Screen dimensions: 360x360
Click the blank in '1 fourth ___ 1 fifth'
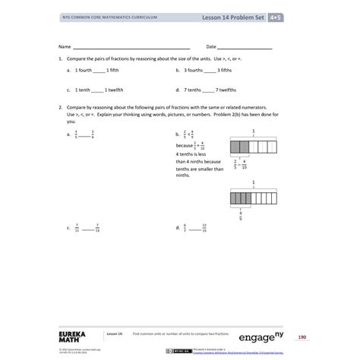click(x=100, y=70)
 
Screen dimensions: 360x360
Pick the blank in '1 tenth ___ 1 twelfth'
click(x=99, y=90)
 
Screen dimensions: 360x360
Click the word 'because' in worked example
click(x=184, y=144)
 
